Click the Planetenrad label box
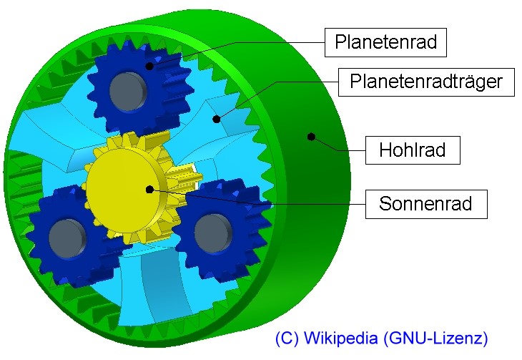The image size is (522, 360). tap(385, 42)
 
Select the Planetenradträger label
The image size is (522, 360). tap(426, 82)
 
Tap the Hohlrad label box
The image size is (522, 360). tap(413, 150)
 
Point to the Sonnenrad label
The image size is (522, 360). tap(426, 204)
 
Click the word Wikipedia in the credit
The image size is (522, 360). tap(341, 338)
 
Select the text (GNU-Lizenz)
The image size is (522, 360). tap(435, 338)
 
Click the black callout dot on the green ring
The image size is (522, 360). tap(311, 137)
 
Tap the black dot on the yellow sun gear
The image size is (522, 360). tap(150, 190)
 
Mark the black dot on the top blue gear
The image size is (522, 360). tap(150, 66)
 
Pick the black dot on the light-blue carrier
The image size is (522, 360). tap(217, 119)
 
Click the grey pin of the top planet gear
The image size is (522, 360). tap(128, 91)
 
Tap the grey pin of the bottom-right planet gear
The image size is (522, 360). tap(212, 233)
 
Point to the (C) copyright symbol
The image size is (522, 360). tap(287, 338)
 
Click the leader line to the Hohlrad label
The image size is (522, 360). tap(338, 146)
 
